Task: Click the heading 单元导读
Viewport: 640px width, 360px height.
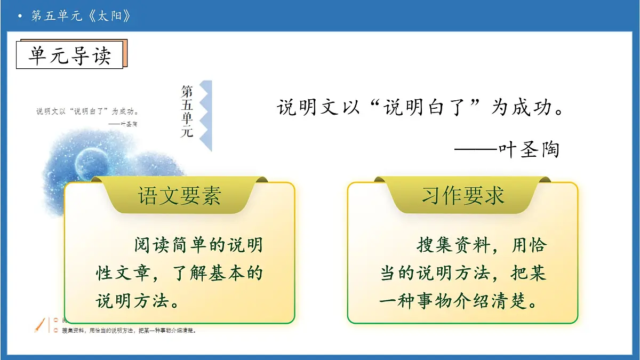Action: pyautogui.click(x=69, y=55)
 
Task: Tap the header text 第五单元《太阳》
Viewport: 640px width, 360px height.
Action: pyautogui.click(x=81, y=16)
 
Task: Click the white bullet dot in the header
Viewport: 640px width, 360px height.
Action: pyautogui.click(x=20, y=17)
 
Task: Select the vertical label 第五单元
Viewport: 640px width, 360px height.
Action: pyautogui.click(x=187, y=111)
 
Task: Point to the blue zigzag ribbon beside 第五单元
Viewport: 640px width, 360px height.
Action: pyautogui.click(x=206, y=115)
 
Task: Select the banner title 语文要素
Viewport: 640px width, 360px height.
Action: pyautogui.click(x=179, y=196)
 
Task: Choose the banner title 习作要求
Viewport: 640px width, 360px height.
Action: pyautogui.click(x=463, y=196)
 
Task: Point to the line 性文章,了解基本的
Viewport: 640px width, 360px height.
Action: pyautogui.click(x=179, y=274)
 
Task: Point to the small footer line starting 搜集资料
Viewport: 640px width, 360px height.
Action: pyautogui.click(x=128, y=331)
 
